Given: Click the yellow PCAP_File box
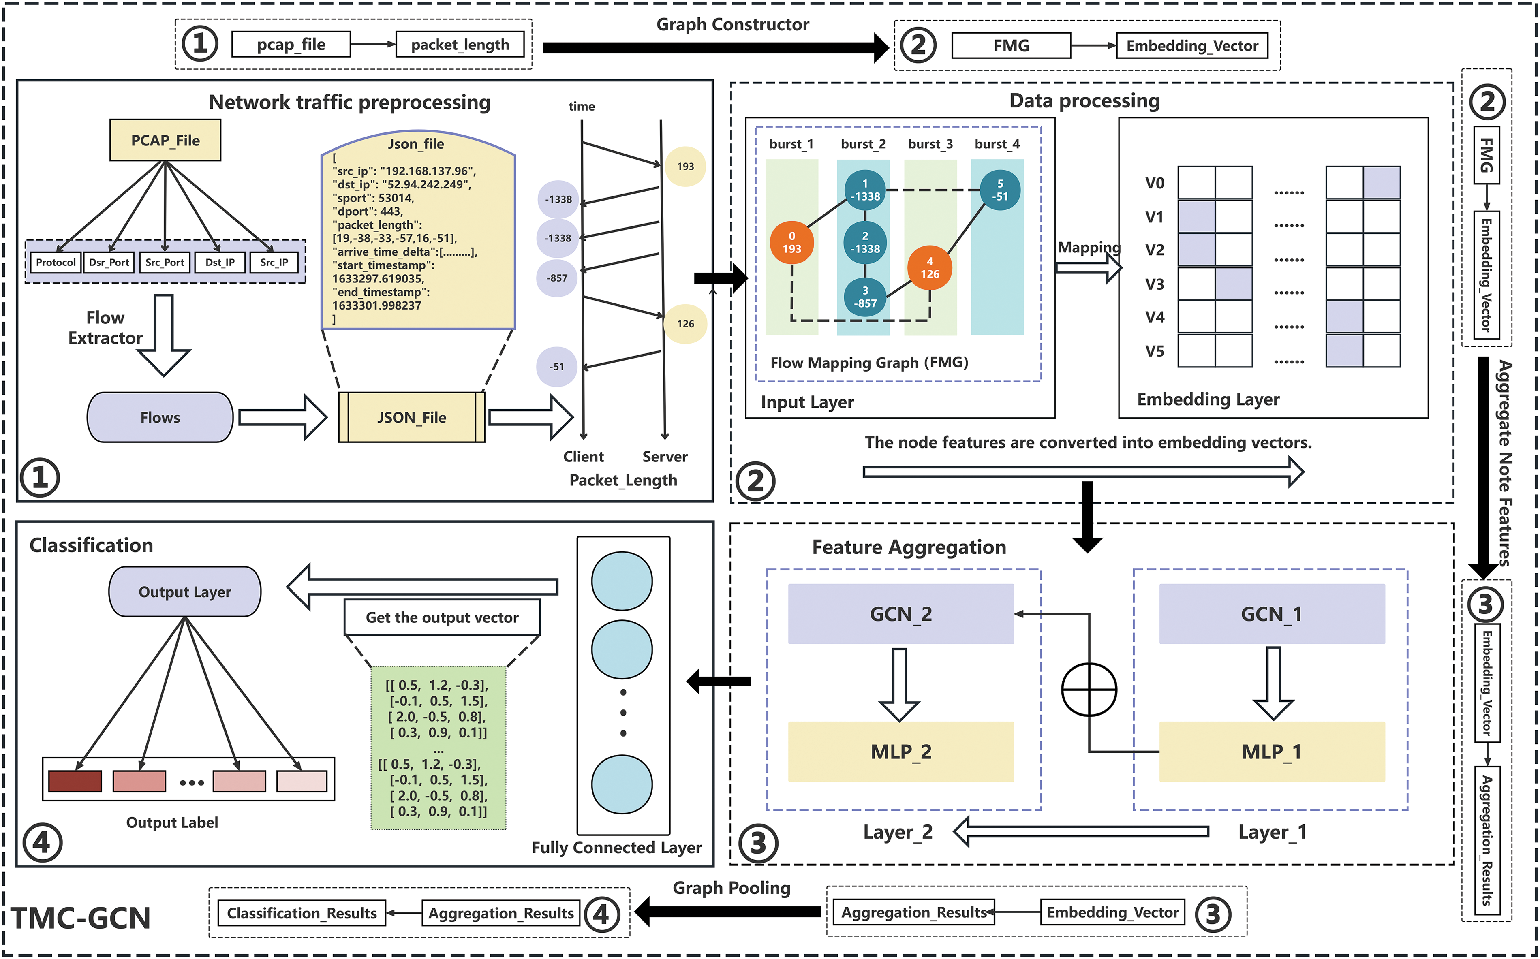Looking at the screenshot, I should pos(165,140).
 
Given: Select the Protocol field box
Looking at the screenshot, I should pos(56,262).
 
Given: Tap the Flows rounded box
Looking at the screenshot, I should pos(160,417).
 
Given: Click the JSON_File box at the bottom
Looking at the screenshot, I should pos(412,417).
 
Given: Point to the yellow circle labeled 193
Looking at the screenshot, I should pos(685,166).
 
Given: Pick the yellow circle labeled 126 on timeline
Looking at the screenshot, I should pos(685,323).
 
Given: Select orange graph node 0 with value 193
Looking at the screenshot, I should pos(791,242).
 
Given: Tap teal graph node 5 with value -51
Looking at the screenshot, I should pos(1000,190).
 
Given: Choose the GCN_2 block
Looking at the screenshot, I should pos(900,614).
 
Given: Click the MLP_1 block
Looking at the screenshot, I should pos(1272,752).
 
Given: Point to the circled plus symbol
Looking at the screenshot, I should pos(1089,690).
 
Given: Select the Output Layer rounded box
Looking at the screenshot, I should pos(184,592).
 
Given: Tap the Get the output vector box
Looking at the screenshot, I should pos(442,617).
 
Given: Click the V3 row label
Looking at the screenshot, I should pos(1154,284).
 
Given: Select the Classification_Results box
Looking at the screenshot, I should pos(302,913).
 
